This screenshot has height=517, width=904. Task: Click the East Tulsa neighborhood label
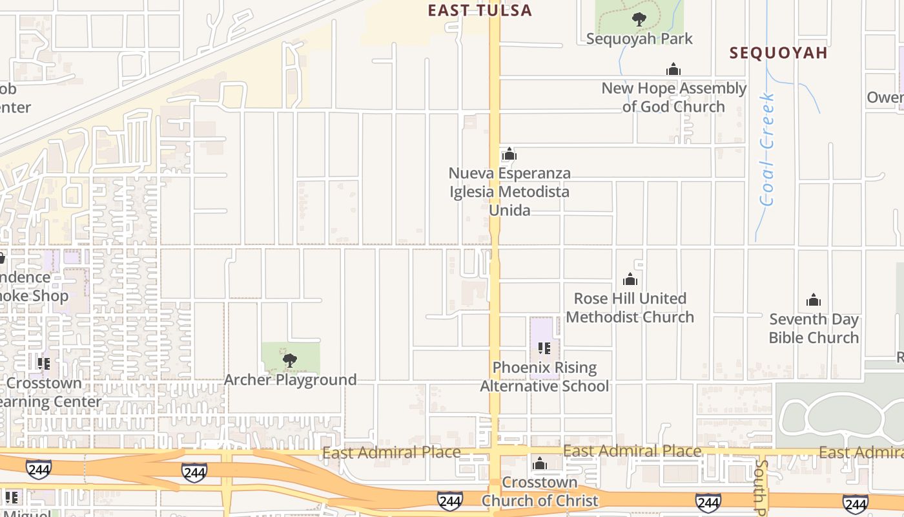point(480,10)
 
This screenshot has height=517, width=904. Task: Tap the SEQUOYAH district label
point(778,53)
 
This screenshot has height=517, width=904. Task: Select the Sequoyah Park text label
point(639,39)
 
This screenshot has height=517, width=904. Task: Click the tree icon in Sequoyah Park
point(639,19)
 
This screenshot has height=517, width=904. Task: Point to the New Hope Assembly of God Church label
point(673,97)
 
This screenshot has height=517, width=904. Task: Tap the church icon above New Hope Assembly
point(673,70)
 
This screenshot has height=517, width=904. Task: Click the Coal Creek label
point(767,149)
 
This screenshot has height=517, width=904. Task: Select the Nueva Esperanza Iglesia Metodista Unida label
point(509,192)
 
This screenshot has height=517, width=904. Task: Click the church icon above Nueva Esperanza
point(509,154)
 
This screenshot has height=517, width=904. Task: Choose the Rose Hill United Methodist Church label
point(630,308)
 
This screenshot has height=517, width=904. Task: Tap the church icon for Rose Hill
point(630,280)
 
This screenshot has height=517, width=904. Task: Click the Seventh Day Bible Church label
point(814,328)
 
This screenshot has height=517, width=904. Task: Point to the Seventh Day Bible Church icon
point(814,301)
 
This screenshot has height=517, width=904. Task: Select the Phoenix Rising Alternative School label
point(544,377)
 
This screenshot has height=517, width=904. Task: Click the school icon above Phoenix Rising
point(544,348)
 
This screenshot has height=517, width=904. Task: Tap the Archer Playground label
point(290,379)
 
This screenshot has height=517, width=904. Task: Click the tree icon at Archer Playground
point(290,361)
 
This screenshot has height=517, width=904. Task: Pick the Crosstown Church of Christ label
point(540,491)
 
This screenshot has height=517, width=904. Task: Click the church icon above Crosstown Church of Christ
point(540,463)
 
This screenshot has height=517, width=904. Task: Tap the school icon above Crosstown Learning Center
point(43,364)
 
